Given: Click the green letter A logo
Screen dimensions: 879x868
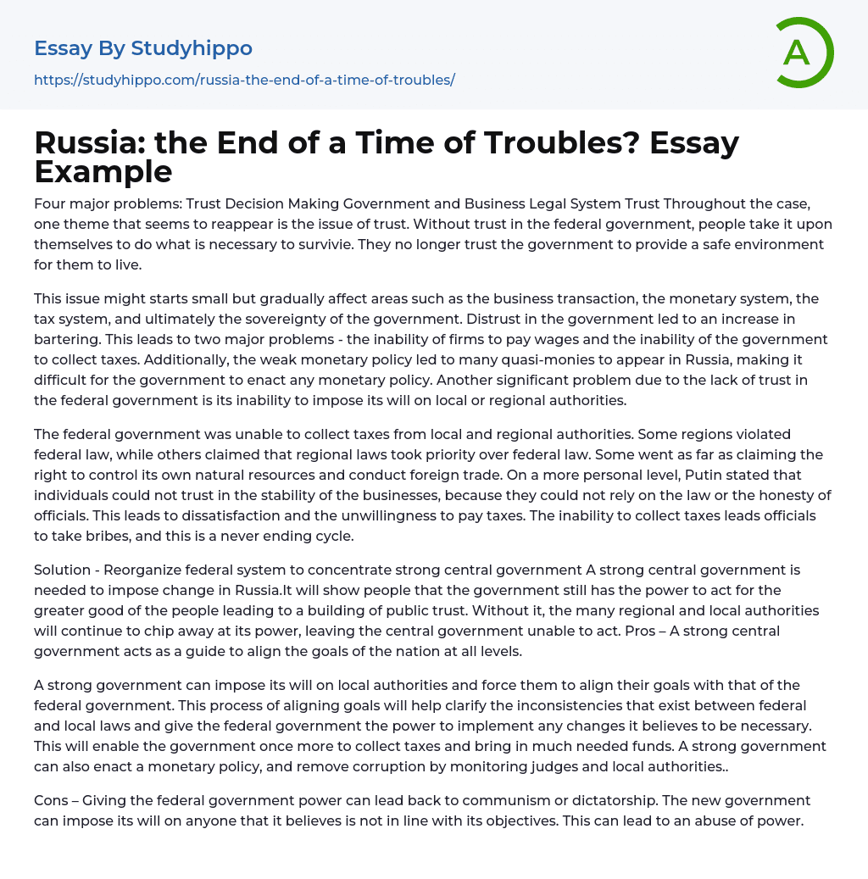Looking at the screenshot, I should (x=804, y=53).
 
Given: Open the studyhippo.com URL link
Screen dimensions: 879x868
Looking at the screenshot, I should (x=244, y=80).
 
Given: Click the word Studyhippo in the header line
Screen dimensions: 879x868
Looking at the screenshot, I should (x=192, y=48).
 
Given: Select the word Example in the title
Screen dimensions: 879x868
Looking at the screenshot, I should (x=103, y=171).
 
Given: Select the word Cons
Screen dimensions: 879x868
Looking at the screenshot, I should (x=52, y=800).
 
